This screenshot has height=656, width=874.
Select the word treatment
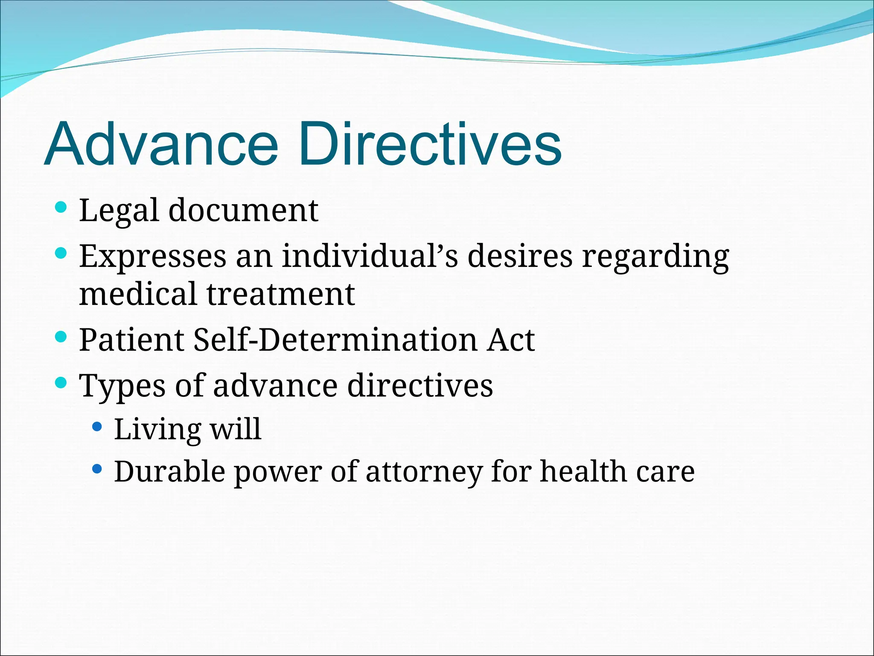pos(281,294)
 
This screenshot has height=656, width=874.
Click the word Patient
pos(132,340)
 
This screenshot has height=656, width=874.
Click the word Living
pos(157,429)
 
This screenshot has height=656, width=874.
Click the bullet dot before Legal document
pos(61,208)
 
